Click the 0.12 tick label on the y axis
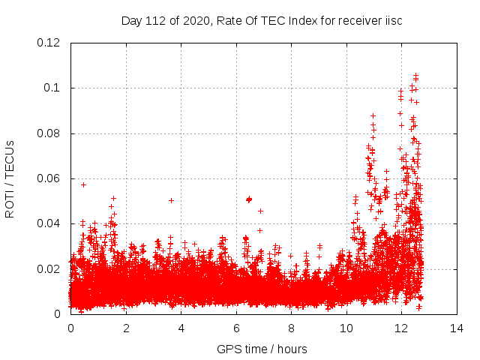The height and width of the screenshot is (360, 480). point(49,43)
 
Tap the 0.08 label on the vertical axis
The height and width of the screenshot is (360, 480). point(49,133)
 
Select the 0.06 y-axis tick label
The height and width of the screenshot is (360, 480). point(49,178)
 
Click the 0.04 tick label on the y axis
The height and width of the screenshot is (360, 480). point(49,223)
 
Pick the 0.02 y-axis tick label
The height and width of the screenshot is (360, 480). point(49,268)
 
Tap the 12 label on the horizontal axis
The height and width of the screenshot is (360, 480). point(401,328)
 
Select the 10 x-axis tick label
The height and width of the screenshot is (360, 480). point(346,328)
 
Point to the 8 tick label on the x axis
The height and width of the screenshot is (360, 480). point(291,328)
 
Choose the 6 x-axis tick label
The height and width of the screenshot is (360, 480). point(236,328)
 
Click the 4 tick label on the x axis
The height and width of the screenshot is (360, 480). point(181,328)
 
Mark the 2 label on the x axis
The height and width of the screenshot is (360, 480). point(126,328)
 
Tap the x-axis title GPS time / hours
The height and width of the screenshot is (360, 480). point(262,349)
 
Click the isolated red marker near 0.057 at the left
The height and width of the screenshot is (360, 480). point(83,184)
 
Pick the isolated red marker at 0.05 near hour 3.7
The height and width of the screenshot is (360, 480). point(172,200)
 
